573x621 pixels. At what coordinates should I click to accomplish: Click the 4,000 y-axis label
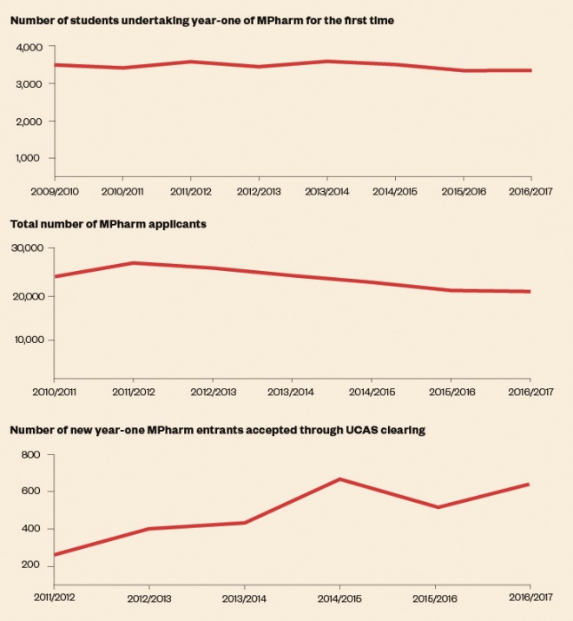(x=31, y=47)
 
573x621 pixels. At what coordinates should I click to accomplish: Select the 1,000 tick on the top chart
(x=32, y=158)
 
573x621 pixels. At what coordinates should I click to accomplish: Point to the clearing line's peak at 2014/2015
(x=339, y=479)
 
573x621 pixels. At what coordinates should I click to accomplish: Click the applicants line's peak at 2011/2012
(x=132, y=262)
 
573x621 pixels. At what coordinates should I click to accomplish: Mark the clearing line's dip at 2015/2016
(x=440, y=507)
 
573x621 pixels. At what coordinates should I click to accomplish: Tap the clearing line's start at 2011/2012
(x=54, y=555)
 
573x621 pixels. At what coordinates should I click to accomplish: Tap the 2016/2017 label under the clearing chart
(x=530, y=599)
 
